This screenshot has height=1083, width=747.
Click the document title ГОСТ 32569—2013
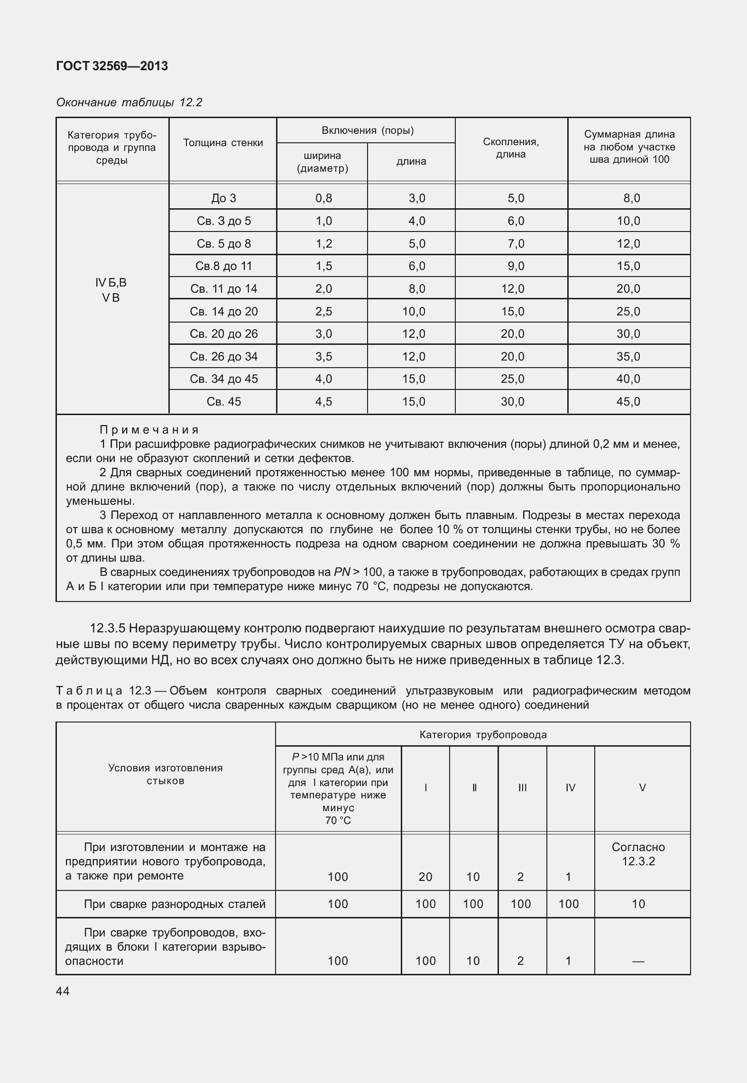(x=112, y=66)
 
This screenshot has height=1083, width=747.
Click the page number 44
(x=63, y=991)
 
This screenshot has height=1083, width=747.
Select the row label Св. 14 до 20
(x=223, y=312)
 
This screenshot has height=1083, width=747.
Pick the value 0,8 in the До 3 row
(x=323, y=198)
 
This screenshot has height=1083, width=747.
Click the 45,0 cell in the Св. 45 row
(x=628, y=402)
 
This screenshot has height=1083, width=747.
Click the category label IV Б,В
(x=111, y=283)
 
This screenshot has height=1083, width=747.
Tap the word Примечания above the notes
(x=149, y=430)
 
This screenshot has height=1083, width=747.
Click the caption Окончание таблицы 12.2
(x=129, y=102)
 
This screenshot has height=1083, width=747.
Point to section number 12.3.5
(x=108, y=629)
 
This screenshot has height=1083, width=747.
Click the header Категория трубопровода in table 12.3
(x=483, y=735)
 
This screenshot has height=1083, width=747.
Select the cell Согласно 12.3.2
(x=638, y=854)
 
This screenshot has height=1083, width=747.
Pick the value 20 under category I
(x=425, y=877)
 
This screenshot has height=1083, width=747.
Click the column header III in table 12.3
(x=522, y=788)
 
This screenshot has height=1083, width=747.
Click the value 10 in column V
(x=638, y=904)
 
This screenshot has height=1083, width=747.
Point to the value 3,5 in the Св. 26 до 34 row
(x=323, y=357)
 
